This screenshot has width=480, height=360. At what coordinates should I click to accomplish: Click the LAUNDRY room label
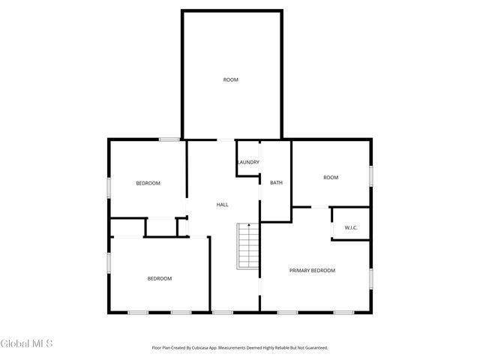tap(248, 162)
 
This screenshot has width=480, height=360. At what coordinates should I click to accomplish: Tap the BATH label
tap(276, 182)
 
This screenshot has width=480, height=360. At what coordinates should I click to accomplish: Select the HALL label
tap(222, 204)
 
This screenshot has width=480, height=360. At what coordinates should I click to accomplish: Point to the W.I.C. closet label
tap(350, 227)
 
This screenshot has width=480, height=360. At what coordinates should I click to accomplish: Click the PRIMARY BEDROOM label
tap(312, 270)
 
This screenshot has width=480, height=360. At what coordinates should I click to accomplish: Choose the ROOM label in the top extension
tap(230, 79)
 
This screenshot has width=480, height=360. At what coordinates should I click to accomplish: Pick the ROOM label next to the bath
tap(331, 178)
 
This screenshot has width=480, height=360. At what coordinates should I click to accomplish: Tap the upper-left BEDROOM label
tap(148, 183)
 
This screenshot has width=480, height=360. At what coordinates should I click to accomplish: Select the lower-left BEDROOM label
tap(159, 278)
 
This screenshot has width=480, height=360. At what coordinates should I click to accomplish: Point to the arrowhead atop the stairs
tap(249, 224)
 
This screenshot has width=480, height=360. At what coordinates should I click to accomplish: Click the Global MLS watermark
tap(27, 343)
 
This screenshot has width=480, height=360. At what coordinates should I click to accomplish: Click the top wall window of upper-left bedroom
tap(169, 139)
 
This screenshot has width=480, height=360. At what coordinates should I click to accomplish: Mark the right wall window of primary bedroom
tap(370, 277)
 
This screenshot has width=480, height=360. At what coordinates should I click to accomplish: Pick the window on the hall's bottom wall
tap(223, 312)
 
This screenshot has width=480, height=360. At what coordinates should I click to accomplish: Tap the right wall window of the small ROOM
tap(370, 175)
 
